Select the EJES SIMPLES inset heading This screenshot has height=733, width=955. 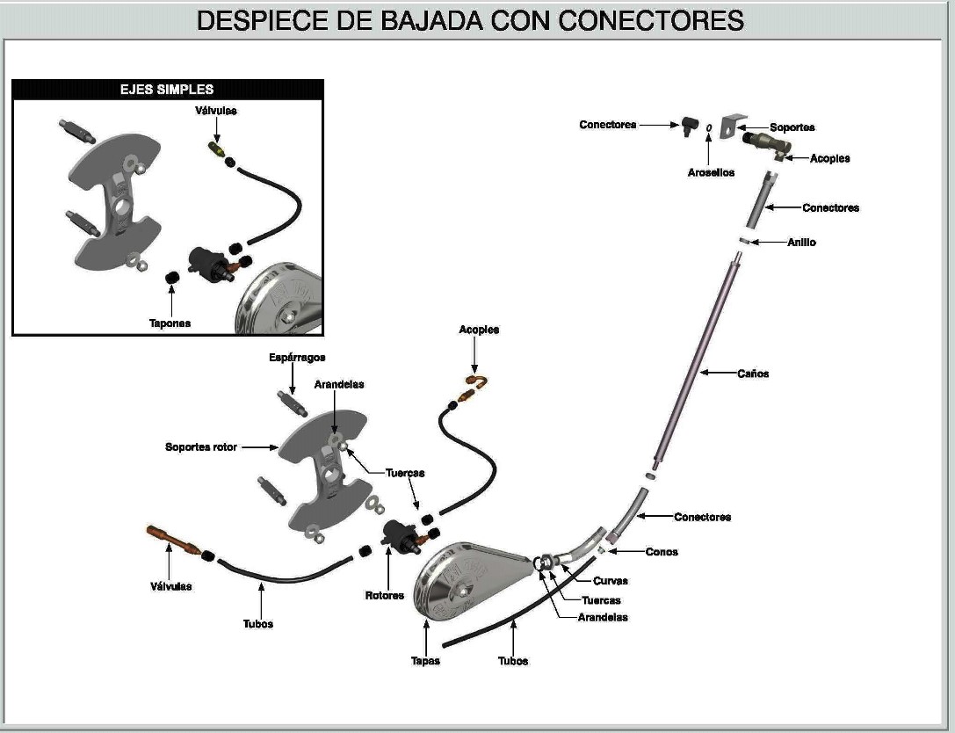pos(167,90)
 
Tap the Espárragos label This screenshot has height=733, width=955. pos(297,358)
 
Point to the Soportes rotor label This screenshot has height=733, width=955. pos(201,447)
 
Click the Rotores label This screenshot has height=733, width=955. pos(385,596)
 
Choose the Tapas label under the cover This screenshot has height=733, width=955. pos(425,661)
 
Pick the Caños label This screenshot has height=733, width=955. pos(754,374)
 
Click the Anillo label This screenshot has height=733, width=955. pos(801,242)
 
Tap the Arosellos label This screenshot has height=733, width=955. pos(711,173)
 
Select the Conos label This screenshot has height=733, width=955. pos(662,552)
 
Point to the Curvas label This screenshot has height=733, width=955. pos(611,581)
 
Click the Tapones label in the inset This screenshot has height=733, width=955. pos(170,323)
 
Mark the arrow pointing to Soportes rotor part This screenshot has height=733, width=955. pos(259,447)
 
